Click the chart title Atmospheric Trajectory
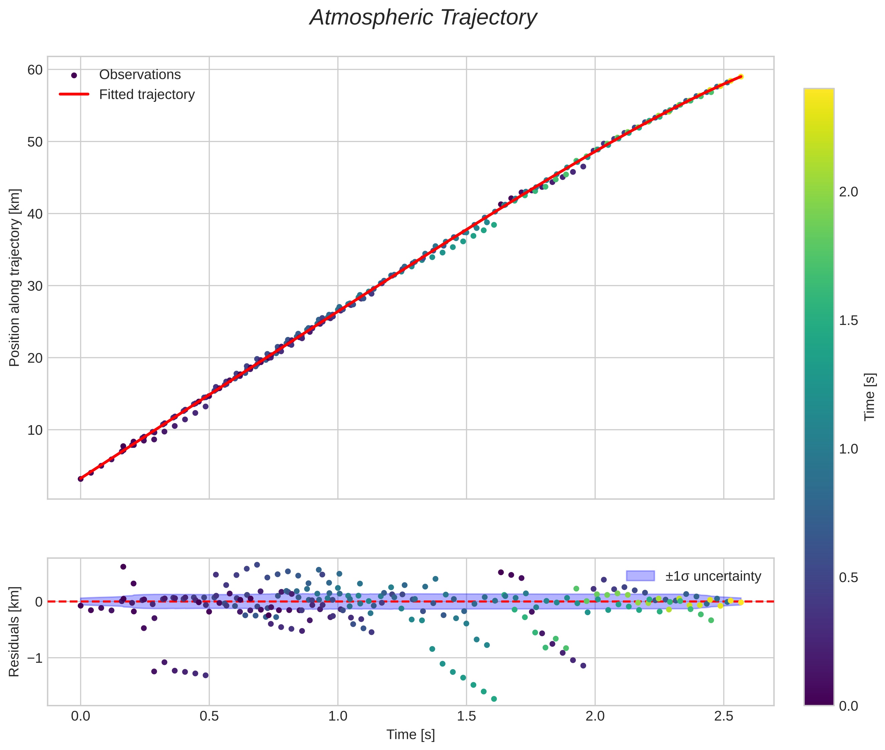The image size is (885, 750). [x=423, y=18]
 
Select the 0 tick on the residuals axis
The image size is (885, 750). [x=39, y=602]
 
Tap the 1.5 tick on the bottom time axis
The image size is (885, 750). [x=466, y=716]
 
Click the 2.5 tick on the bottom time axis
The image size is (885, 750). [x=723, y=716]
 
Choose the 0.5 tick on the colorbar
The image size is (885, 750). [x=848, y=578]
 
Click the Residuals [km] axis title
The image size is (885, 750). [x=14, y=631]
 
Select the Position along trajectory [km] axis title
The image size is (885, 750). [x=14, y=277]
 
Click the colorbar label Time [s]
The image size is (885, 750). [x=870, y=397]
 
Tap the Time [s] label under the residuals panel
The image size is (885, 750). [x=410, y=735]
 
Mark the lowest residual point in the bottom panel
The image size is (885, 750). [x=494, y=699]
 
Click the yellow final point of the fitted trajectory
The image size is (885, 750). [x=740, y=76]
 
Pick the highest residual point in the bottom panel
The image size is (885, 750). [x=257, y=565]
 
